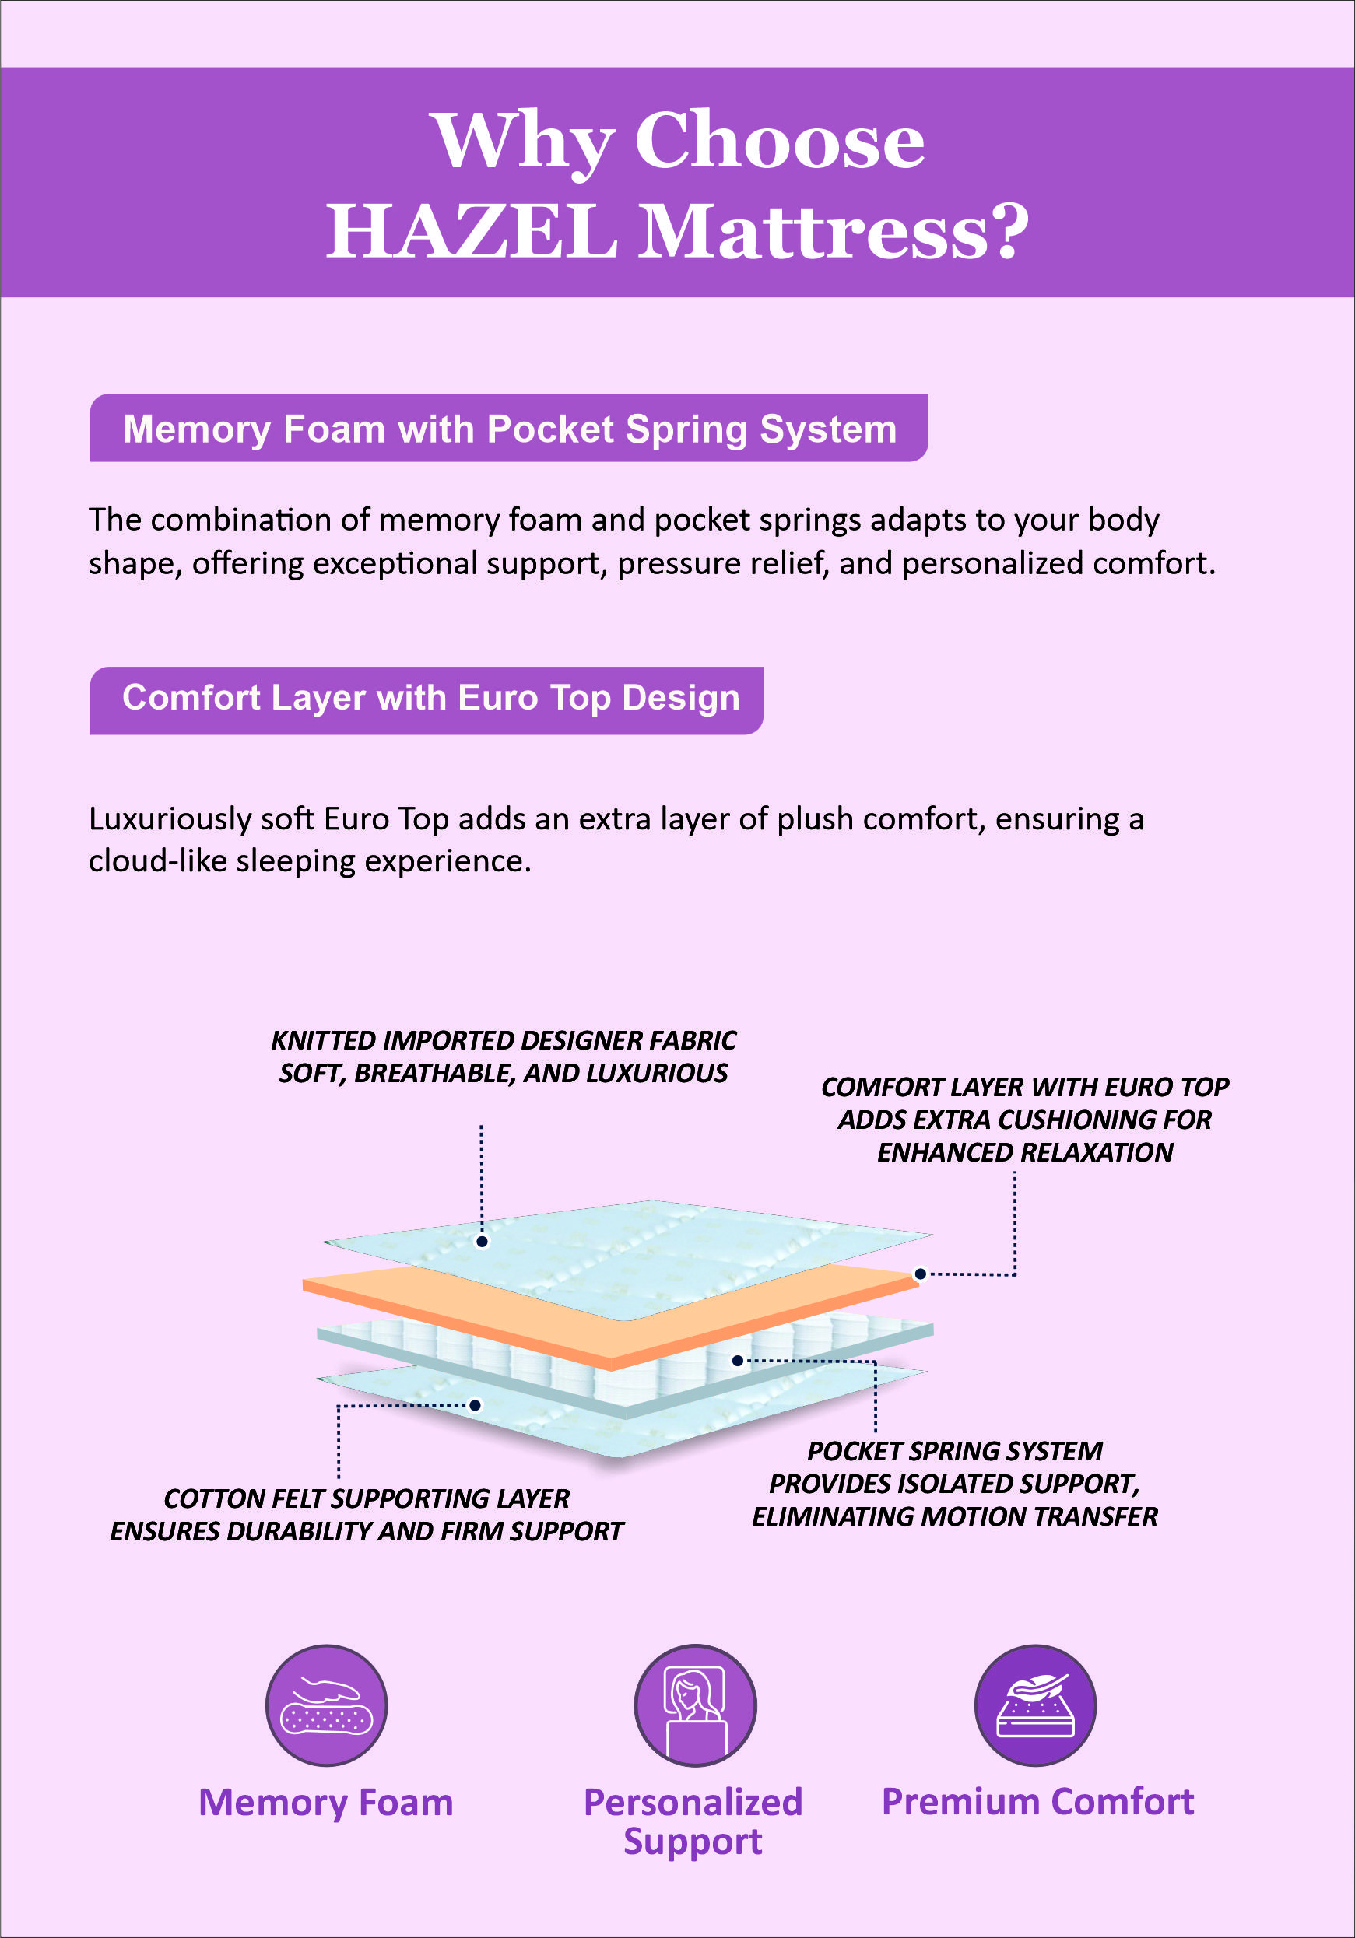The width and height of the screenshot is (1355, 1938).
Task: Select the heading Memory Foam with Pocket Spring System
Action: [509, 429]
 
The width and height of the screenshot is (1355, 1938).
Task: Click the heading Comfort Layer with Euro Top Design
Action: [430, 698]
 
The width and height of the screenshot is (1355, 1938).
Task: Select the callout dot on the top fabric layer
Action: [482, 1242]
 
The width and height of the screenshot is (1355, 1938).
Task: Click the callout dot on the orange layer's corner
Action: [920, 1274]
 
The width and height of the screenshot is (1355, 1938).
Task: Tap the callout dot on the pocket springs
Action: [737, 1361]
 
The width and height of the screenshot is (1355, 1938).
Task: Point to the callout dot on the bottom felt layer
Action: [476, 1405]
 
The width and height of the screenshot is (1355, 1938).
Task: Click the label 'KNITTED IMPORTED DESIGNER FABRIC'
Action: [504, 1041]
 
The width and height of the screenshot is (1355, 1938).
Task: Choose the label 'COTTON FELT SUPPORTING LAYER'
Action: [367, 1498]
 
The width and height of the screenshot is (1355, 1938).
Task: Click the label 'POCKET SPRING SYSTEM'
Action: [955, 1451]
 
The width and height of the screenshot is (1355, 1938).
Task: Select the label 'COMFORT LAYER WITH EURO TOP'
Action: [1025, 1087]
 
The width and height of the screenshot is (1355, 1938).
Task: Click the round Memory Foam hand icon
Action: [327, 1705]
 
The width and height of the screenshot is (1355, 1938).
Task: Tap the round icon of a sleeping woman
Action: [695, 1705]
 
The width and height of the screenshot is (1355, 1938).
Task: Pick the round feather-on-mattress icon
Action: [1035, 1705]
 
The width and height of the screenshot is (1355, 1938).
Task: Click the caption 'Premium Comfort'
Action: [1037, 1801]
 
